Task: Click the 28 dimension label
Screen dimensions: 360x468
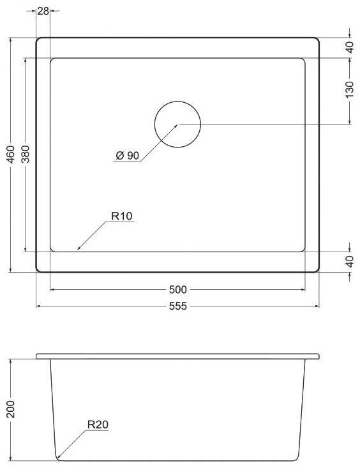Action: [x=43, y=11]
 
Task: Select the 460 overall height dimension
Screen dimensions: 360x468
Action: [x=11, y=154]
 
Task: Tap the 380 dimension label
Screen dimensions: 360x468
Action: [x=26, y=154]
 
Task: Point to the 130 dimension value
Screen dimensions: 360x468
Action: [x=349, y=89]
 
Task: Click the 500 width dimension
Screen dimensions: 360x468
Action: [x=177, y=289]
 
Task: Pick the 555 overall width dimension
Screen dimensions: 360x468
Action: [x=177, y=306]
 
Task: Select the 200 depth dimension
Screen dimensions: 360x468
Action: [x=11, y=409]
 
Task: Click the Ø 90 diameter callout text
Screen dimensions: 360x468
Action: [x=128, y=156]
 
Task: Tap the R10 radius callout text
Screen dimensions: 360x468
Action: [x=122, y=216]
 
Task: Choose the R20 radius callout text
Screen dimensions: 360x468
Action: [x=98, y=424]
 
